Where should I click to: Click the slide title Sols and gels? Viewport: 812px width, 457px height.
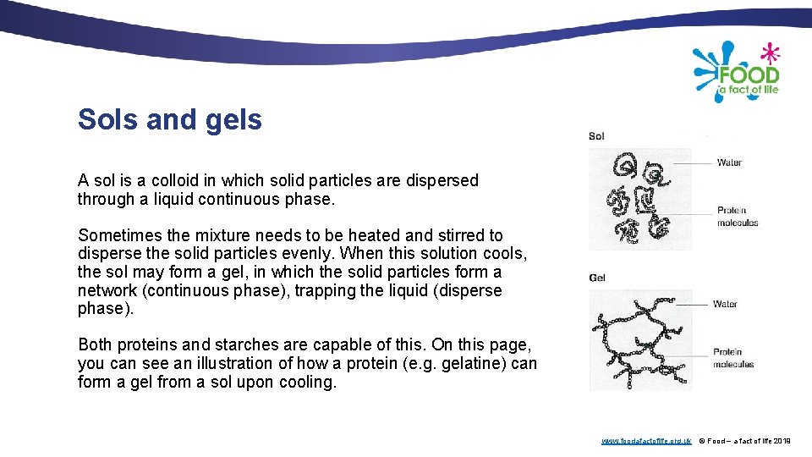pyautogui.click(x=169, y=120)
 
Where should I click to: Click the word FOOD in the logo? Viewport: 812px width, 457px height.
pyautogui.click(x=749, y=74)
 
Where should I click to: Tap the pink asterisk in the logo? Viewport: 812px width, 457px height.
pyautogui.click(x=769, y=53)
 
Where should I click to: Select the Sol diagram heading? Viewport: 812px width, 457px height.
pyautogui.click(x=596, y=136)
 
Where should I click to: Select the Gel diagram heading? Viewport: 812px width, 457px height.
pyautogui.click(x=597, y=278)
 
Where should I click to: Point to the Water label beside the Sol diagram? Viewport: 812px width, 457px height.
pyautogui.click(x=729, y=162)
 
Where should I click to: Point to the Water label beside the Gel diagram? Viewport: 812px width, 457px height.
pyautogui.click(x=725, y=304)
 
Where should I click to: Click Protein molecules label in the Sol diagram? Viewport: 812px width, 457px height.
pyautogui.click(x=737, y=217)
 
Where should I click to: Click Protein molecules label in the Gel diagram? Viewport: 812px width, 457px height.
pyautogui.click(x=732, y=358)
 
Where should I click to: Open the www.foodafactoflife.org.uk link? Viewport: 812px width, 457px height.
pyautogui.click(x=646, y=441)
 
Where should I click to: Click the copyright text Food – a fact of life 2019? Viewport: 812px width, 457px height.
pyautogui.click(x=744, y=441)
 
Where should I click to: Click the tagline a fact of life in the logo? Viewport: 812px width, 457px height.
pyautogui.click(x=748, y=89)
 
